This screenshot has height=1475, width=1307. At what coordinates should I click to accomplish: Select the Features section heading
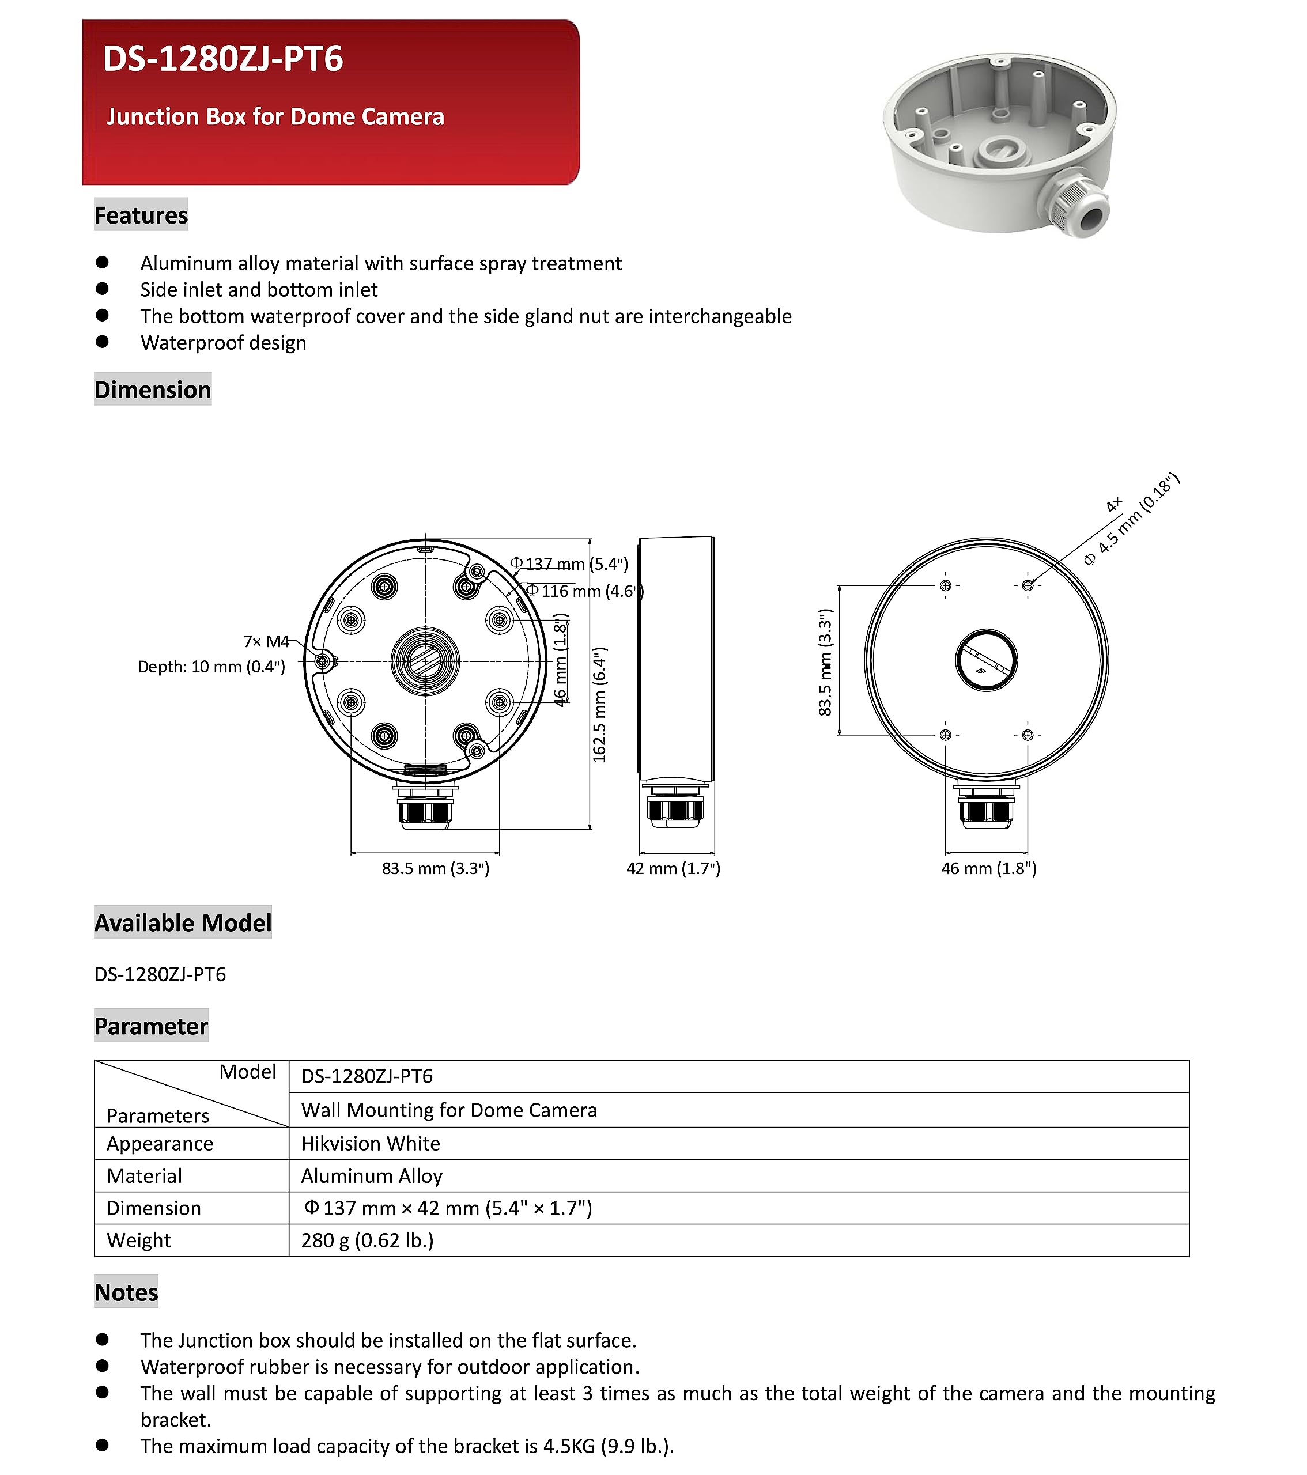point(141,215)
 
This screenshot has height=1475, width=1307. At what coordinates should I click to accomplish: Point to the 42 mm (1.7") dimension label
point(673,868)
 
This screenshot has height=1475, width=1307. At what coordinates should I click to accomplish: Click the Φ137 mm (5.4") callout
point(569,563)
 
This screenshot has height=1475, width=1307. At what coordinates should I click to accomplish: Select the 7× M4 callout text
point(266,641)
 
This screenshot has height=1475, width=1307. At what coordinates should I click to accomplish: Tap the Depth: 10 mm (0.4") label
point(211,666)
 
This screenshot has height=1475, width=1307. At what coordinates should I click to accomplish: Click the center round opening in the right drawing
point(986,660)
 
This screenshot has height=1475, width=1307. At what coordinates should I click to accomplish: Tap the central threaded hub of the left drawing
point(425,660)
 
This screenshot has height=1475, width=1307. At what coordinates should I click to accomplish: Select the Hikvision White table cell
point(370,1144)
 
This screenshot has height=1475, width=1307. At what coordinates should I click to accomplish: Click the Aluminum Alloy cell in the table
point(372,1175)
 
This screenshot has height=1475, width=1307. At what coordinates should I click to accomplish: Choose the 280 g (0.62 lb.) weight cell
point(367,1240)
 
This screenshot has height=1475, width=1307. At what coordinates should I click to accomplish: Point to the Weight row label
point(138,1240)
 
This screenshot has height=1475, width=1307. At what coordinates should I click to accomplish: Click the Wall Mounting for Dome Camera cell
point(449,1110)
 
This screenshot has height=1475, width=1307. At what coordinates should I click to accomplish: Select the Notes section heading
point(126,1292)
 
